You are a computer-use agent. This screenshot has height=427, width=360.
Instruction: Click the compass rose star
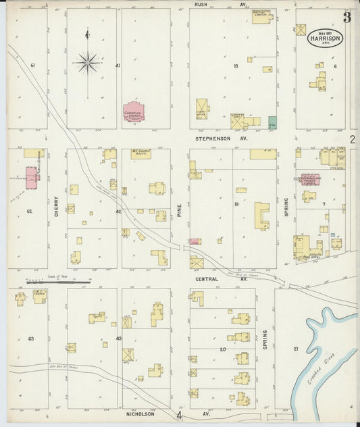(87, 63)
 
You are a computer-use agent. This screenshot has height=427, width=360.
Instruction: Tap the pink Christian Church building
(134, 111)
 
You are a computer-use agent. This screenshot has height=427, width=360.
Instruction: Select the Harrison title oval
(327, 36)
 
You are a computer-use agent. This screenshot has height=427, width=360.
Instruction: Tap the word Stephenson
(208, 138)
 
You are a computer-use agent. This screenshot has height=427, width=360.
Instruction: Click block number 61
(32, 66)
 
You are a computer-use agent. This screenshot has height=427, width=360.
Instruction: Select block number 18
(236, 66)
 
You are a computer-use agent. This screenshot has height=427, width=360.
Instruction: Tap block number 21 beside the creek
(295, 349)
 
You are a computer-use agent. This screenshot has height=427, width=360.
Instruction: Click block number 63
(30, 338)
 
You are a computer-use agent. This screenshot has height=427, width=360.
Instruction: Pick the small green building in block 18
(272, 124)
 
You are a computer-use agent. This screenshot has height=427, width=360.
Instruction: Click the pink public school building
(31, 178)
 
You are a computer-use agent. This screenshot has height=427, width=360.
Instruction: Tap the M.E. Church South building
(141, 154)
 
